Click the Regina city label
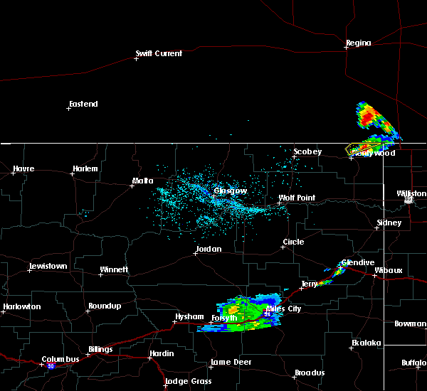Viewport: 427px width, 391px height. (358, 43)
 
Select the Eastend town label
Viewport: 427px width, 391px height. (83, 104)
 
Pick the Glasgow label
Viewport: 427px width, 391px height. (231, 191)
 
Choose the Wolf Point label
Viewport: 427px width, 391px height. (296, 198)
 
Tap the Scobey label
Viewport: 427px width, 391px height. (308, 151)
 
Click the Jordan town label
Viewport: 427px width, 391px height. (208, 249)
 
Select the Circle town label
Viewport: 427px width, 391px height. (293, 242)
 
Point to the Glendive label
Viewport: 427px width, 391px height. (357, 262)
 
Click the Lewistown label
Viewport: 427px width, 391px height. (47, 266)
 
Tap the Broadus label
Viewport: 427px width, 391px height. (310, 373)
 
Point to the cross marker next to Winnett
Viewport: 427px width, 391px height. (101, 274)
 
